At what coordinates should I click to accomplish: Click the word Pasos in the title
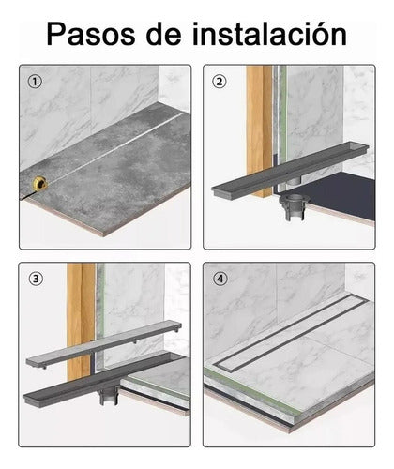click(x=91, y=34)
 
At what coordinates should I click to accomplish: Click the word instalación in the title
click(x=269, y=34)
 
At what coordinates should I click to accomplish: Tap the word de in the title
click(x=163, y=34)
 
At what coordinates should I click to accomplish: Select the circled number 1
click(x=35, y=82)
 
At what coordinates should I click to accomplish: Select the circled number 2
click(x=220, y=82)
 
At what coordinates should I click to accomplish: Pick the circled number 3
click(x=36, y=279)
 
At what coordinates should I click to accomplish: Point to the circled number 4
click(x=220, y=279)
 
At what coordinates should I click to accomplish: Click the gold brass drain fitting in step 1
click(x=40, y=184)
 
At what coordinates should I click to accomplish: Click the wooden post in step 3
click(x=81, y=319)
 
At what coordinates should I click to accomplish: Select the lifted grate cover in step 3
click(x=104, y=344)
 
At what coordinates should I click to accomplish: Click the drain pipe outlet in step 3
click(x=109, y=396)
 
